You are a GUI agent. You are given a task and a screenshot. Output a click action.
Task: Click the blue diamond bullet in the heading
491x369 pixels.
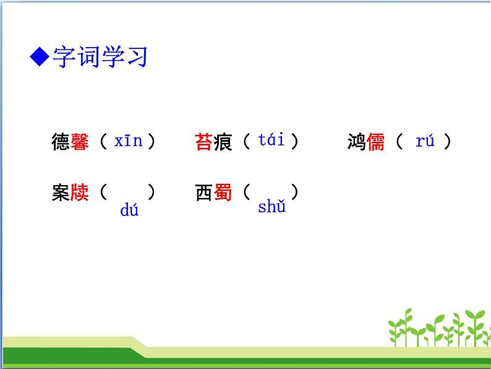[40, 58]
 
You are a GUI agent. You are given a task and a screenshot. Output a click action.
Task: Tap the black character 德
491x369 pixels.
[61, 142]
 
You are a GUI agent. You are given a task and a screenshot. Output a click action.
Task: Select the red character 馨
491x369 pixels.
[80, 142]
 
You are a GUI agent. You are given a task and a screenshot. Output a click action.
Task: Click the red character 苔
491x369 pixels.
[204, 142]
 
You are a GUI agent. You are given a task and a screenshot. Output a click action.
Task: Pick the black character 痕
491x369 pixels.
[223, 142]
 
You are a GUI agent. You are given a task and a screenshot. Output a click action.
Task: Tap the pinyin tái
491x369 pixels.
[271, 140]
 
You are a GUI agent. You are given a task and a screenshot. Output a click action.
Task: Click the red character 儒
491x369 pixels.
[375, 142]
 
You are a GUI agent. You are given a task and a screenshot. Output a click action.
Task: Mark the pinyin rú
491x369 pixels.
[425, 141]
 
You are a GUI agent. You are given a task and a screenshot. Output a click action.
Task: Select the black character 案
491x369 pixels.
[61, 193]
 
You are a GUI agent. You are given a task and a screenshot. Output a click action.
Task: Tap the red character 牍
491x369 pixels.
[80, 193]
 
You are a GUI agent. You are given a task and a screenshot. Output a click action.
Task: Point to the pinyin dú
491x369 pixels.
[129, 211]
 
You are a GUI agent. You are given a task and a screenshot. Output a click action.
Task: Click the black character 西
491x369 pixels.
[204, 193]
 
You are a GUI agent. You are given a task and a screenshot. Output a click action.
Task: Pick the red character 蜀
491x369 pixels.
[223, 193]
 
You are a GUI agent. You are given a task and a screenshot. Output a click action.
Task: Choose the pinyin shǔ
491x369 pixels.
[271, 207]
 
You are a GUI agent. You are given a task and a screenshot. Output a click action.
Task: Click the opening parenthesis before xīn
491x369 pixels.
[103, 142]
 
